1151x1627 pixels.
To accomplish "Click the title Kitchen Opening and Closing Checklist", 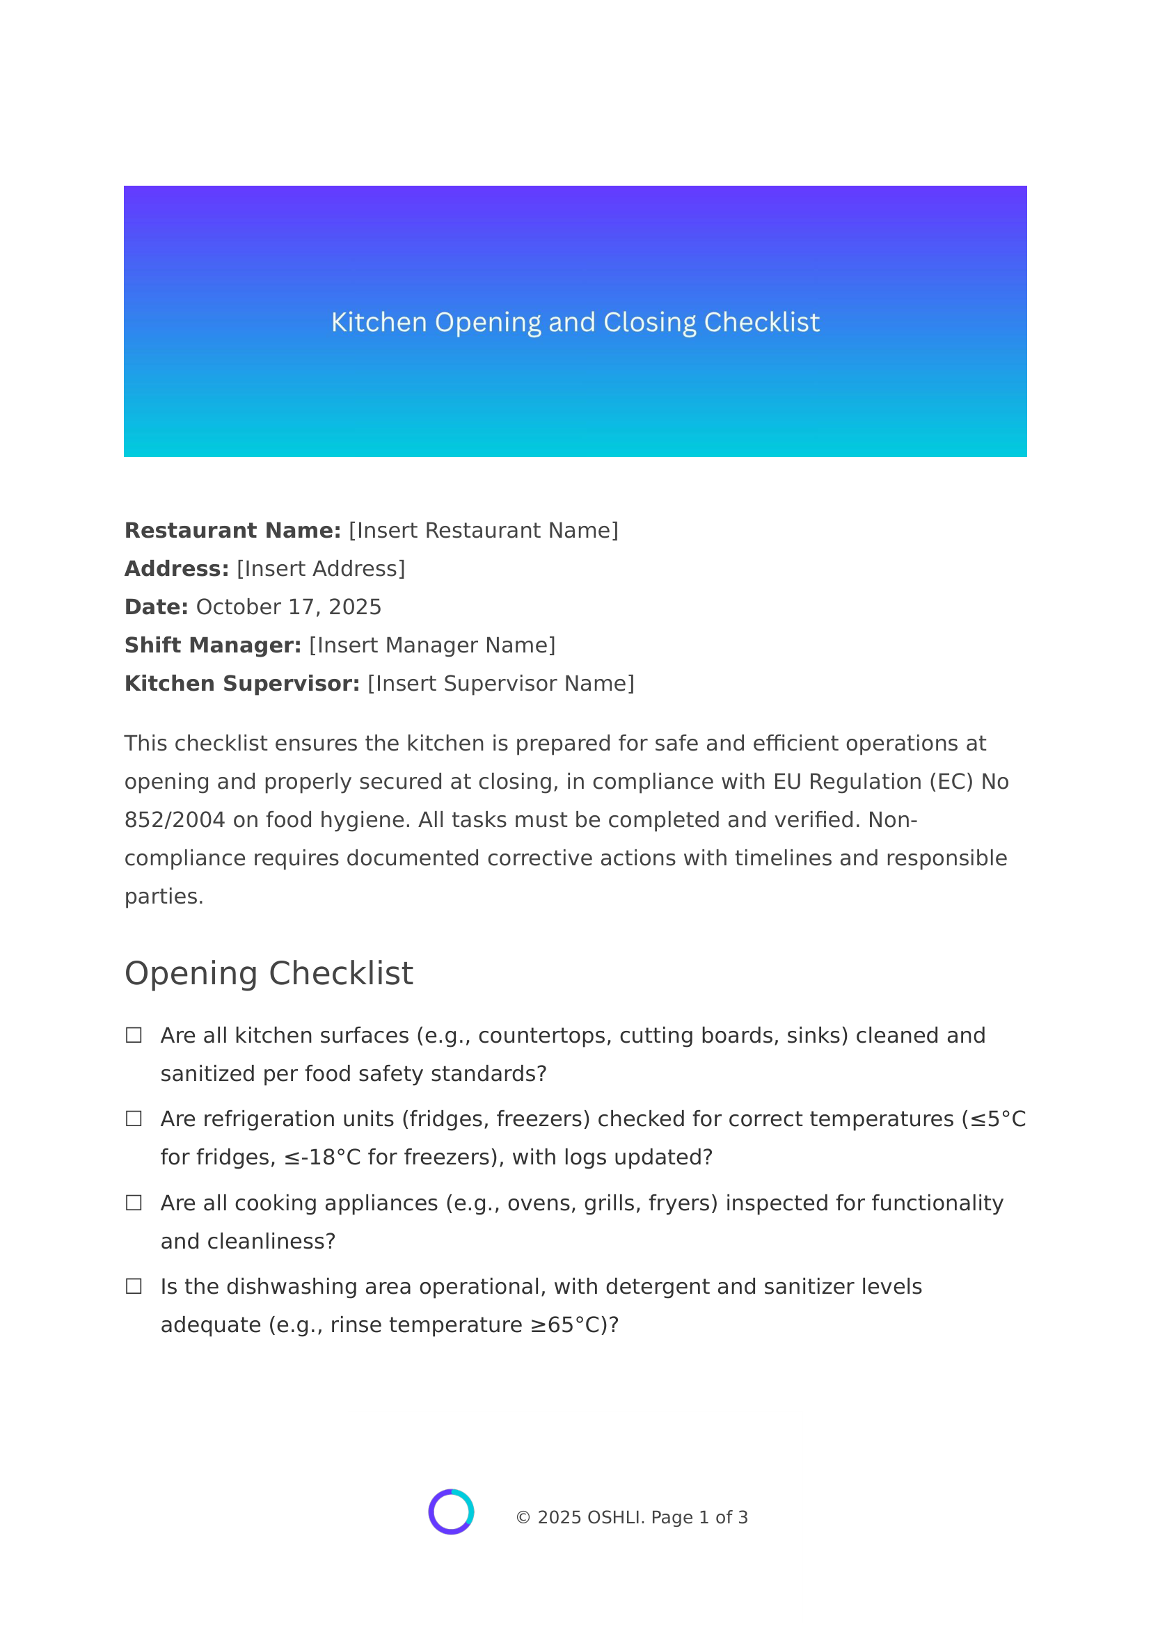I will (575, 323).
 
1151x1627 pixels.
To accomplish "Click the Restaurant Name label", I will (232, 531).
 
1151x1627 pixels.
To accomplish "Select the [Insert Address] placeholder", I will (320, 569).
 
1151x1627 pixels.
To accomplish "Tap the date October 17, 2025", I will (289, 607).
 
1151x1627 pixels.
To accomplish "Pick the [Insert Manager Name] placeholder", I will (432, 646).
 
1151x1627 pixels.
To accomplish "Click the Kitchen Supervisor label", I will (241, 684).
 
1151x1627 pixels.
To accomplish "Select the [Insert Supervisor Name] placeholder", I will (500, 684).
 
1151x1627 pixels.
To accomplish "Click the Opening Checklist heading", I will (269, 974).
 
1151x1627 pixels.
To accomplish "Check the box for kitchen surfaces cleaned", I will (133, 1035).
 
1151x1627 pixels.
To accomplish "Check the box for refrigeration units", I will (133, 1119).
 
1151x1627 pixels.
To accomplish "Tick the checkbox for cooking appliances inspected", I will (133, 1203).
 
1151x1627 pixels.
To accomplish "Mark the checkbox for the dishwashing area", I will (133, 1287).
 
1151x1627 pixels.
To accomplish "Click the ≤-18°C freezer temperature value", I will (322, 1157).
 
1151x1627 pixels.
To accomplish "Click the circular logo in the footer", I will (451, 1512).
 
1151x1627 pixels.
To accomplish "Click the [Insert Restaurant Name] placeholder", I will (484, 531).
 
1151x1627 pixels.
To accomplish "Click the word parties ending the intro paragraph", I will (164, 897).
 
